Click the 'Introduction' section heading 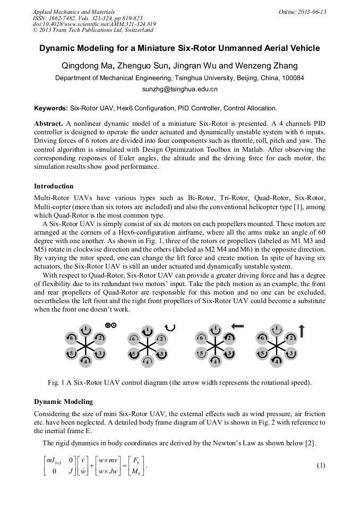(54, 186)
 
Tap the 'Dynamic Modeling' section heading (63, 401)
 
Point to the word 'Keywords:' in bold (51, 108)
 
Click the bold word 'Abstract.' (49, 123)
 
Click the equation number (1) (321, 465)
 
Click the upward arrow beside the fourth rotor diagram (302, 331)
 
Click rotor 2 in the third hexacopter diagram (228, 338)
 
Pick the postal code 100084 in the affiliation (292, 78)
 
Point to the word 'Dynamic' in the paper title (59, 48)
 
